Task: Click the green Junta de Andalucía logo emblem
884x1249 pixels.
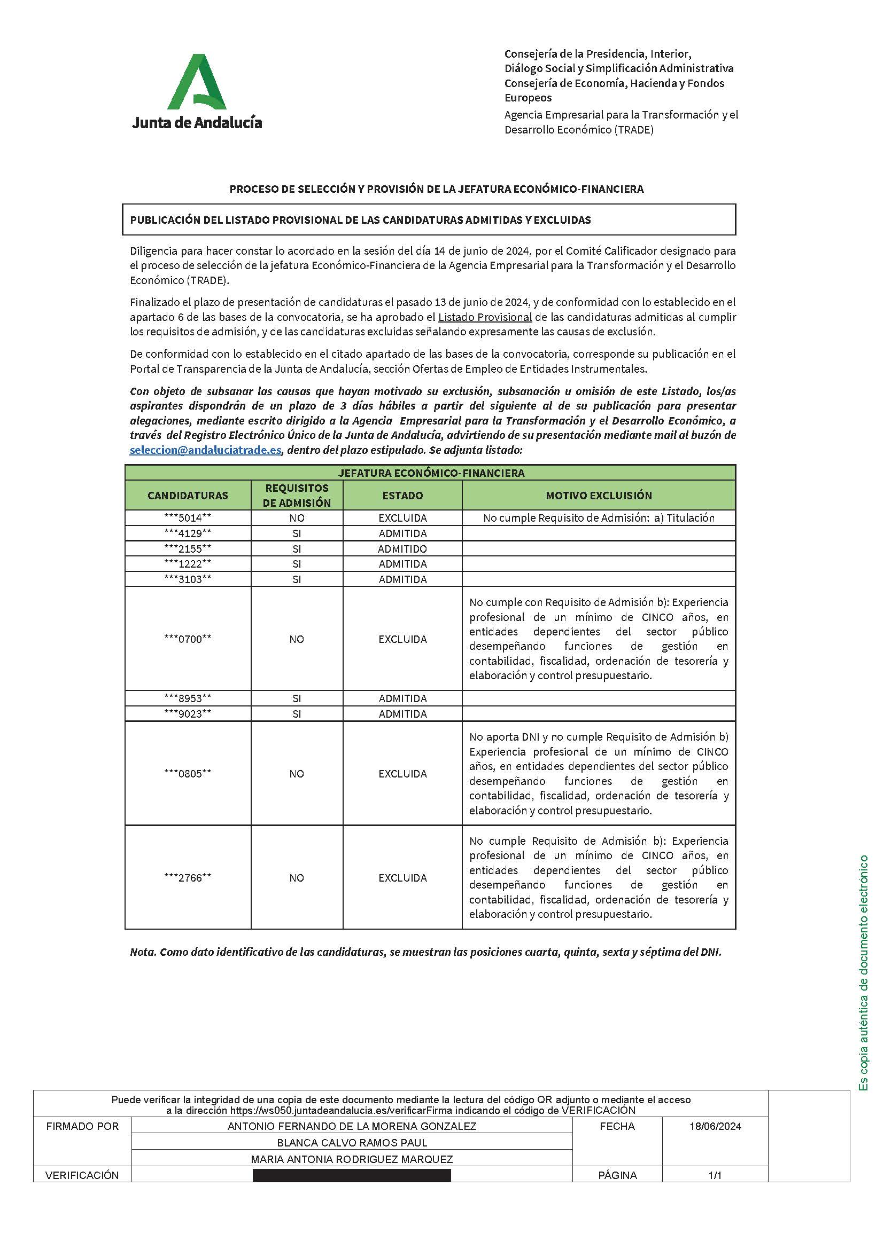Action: (x=197, y=82)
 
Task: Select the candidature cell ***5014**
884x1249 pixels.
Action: (x=188, y=518)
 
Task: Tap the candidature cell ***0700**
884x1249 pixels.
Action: (x=188, y=639)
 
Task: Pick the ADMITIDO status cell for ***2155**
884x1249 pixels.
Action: (x=402, y=549)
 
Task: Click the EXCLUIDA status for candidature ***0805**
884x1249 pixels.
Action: (x=402, y=774)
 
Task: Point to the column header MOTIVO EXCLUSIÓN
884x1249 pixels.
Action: (x=598, y=496)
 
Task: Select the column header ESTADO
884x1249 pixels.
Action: (x=402, y=496)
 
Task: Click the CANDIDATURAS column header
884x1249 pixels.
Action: (x=188, y=496)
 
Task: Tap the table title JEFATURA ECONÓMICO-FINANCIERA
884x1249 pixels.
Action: (x=431, y=473)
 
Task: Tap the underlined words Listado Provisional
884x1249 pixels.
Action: (x=484, y=317)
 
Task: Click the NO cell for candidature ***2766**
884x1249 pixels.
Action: (x=297, y=878)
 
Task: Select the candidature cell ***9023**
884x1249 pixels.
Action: (x=188, y=714)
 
